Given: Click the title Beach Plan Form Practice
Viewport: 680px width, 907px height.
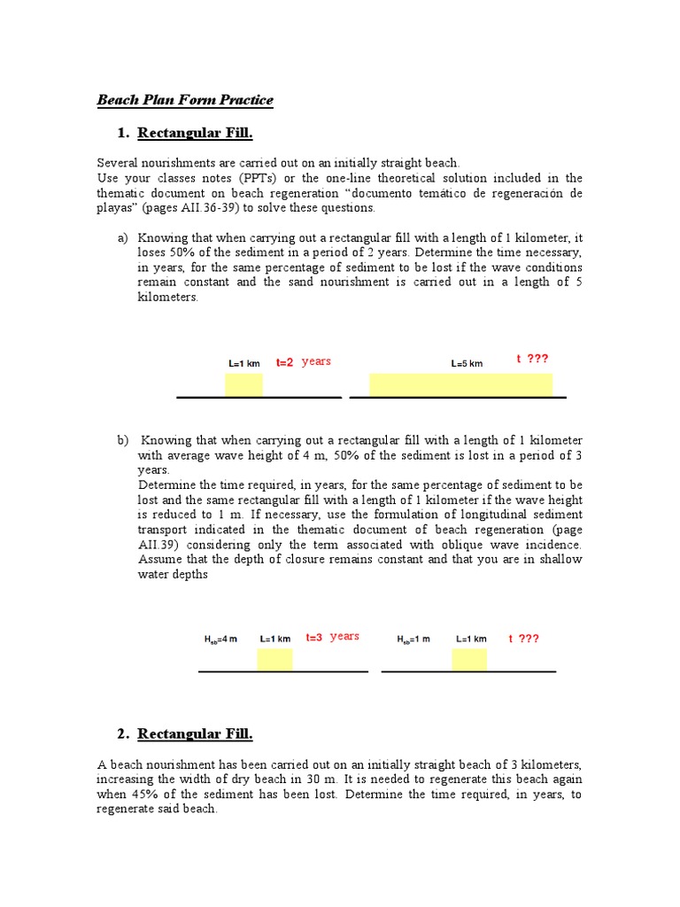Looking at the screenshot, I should click(x=184, y=100).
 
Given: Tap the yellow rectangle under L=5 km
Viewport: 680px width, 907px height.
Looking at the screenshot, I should click(x=460, y=384).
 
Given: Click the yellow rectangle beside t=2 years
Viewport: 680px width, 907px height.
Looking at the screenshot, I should click(x=243, y=384).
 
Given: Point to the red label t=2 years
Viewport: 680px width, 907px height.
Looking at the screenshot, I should click(x=303, y=361).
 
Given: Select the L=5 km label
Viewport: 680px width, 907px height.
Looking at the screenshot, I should click(x=467, y=363).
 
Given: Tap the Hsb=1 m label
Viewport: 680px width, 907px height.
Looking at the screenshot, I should click(x=413, y=639).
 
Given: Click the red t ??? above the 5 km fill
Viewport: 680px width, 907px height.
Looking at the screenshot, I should click(x=532, y=359).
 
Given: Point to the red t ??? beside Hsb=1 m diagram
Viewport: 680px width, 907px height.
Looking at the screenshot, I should click(x=523, y=638).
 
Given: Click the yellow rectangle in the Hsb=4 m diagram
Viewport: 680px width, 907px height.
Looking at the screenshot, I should click(x=274, y=660).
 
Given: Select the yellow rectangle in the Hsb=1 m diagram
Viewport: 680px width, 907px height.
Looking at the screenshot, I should click(x=469, y=660).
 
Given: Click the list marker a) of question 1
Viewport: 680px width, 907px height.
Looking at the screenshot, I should click(x=122, y=237).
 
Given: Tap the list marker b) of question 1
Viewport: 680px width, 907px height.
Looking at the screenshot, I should click(x=122, y=440).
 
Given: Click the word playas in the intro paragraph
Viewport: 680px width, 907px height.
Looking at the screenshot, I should click(x=113, y=208).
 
